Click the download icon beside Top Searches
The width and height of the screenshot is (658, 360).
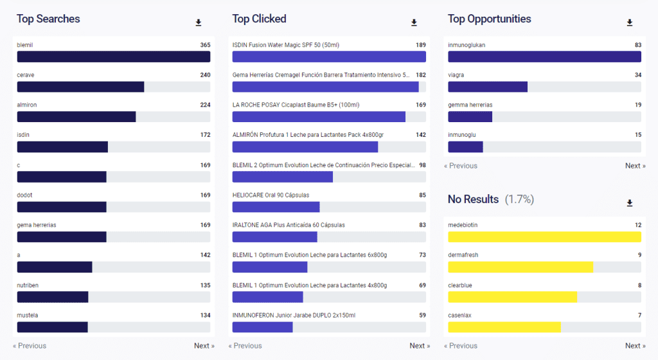point(199,23)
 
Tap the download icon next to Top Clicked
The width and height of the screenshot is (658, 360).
point(414,23)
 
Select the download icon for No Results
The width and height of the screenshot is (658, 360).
point(630,203)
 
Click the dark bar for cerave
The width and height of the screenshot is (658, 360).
point(80,87)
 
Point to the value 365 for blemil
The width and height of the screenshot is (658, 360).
point(205,45)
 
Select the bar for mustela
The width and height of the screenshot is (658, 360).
point(52,327)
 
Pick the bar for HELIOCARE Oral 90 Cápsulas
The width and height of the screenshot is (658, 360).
point(276,207)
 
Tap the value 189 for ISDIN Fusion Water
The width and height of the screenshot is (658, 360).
point(421,45)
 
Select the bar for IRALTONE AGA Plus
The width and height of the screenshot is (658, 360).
point(274,237)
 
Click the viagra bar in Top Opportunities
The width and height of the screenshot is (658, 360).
point(488,87)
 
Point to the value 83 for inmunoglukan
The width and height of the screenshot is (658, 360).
point(637,45)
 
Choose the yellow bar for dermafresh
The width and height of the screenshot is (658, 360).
point(520,267)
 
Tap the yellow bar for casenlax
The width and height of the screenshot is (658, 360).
point(504,327)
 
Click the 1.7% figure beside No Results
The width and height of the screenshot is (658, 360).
point(519,199)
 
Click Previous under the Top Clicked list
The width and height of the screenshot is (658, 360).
point(244,346)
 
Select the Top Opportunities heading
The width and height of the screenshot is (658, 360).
point(490,19)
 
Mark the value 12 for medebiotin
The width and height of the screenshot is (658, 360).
point(637,225)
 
